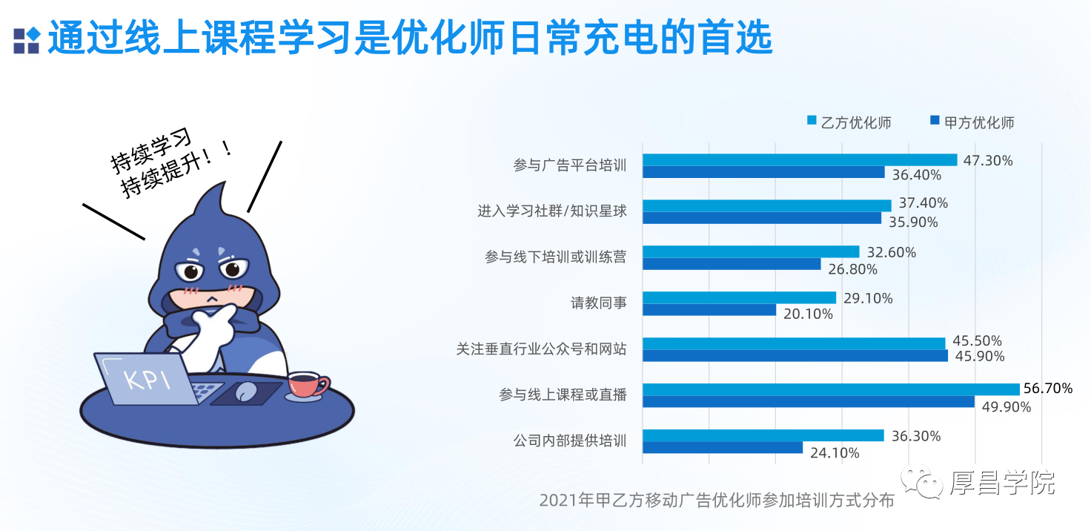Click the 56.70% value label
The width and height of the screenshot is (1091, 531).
[x=1048, y=389]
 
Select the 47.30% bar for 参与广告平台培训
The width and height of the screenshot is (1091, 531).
[x=800, y=159]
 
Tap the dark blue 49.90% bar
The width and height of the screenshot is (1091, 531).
[x=809, y=401]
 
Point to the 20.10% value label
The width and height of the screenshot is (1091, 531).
[x=808, y=314]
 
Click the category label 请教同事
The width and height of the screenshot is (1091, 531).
[x=599, y=303]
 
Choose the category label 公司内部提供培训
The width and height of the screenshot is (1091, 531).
[x=570, y=441]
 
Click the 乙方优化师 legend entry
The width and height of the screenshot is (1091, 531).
[x=849, y=122]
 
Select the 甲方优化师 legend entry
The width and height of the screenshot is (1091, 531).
[x=972, y=122]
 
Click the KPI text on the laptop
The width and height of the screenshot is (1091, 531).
[x=147, y=380]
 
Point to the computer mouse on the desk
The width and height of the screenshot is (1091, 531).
[x=246, y=391]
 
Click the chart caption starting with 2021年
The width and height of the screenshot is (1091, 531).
[x=717, y=501]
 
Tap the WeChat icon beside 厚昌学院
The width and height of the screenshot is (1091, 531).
[x=921, y=481]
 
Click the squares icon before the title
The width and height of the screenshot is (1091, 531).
[x=27, y=41]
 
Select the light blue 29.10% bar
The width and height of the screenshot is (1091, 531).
[x=740, y=297]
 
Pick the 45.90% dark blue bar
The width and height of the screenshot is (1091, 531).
[x=795, y=356]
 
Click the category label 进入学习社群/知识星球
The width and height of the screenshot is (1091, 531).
[x=552, y=211]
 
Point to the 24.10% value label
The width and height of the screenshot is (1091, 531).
[x=835, y=453]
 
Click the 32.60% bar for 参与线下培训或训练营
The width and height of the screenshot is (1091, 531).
[x=751, y=251]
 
